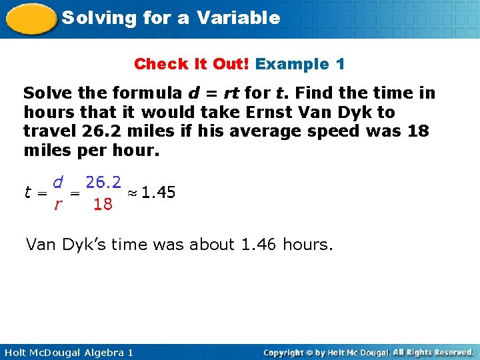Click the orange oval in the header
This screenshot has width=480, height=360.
coord(31,18)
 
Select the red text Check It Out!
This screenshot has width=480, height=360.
coord(191,65)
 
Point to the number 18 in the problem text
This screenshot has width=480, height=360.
coord(418,131)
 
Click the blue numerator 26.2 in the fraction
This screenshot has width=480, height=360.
coord(104,182)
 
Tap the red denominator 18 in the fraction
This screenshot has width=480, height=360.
coord(103,205)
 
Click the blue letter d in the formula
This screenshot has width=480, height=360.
coord(58,181)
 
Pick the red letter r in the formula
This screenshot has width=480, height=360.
coord(58,205)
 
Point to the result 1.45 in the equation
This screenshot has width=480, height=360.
coord(158,193)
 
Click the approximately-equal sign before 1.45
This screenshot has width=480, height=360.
coord(133,193)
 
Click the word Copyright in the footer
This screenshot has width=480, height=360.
coord(287,352)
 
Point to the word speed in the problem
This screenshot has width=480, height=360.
coord(332,131)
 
